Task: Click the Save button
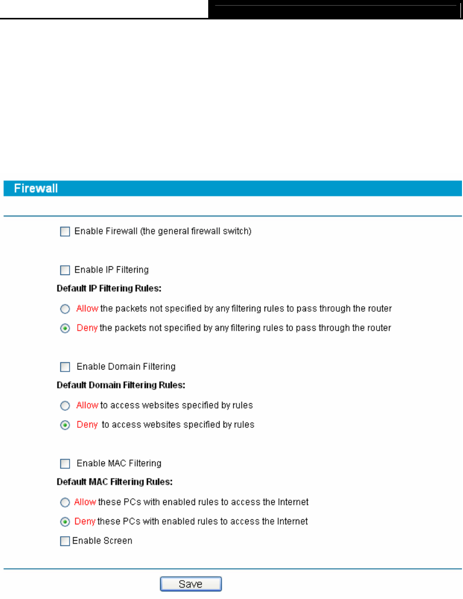[x=191, y=584]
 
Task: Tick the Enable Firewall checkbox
[x=65, y=232]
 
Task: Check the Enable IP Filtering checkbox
[x=65, y=270]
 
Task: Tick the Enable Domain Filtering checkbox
[x=65, y=366]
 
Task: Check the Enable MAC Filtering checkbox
[x=65, y=464]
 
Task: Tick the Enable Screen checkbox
[x=65, y=541]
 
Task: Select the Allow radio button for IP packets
[x=65, y=309]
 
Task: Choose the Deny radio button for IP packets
[x=65, y=328]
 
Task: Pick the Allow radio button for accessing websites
[x=65, y=406]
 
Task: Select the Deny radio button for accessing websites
[x=65, y=425]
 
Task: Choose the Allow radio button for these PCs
[x=65, y=503]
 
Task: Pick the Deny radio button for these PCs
[x=65, y=522]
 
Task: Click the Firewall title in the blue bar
[x=36, y=189]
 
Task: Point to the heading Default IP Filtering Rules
[x=109, y=289]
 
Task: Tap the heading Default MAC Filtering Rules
[x=114, y=482]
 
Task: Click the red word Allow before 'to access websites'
[x=87, y=405]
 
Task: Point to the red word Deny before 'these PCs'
[x=85, y=521]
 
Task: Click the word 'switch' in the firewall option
[x=237, y=232]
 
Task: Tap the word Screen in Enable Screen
[x=118, y=541]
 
